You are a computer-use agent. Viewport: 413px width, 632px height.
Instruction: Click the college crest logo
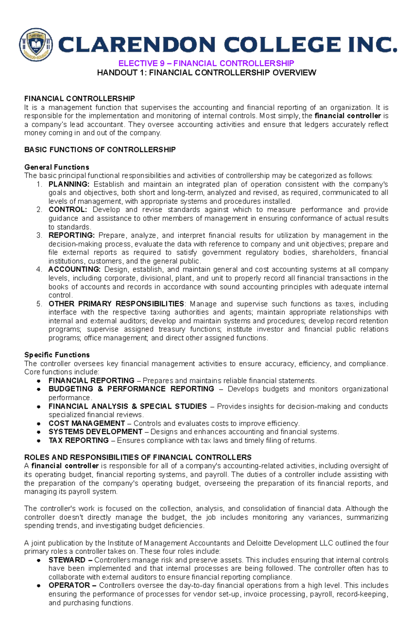click(x=36, y=45)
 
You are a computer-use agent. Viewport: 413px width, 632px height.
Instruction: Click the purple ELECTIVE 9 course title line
click(x=206, y=63)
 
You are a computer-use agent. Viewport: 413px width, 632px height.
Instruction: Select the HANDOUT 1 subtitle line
click(x=206, y=73)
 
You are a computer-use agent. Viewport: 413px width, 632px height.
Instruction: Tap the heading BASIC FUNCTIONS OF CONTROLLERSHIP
click(x=100, y=149)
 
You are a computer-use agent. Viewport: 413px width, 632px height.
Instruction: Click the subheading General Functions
click(x=57, y=167)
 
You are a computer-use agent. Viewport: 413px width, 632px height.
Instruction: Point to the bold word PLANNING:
click(x=69, y=184)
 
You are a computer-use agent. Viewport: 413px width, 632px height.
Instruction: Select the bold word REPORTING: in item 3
click(x=71, y=235)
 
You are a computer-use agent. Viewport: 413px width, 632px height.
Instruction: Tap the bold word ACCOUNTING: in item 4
click(x=74, y=269)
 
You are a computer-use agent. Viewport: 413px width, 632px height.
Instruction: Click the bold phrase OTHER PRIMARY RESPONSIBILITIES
click(x=116, y=304)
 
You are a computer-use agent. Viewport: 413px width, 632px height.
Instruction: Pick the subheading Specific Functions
click(x=57, y=355)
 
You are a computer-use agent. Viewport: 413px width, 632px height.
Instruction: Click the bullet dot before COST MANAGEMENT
click(x=39, y=423)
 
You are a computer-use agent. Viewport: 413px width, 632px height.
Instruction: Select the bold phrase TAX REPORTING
click(x=78, y=441)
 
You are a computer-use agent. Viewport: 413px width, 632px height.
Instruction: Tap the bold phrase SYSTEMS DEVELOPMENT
click(x=95, y=432)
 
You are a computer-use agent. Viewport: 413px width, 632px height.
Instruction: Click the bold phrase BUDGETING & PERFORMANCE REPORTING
click(x=131, y=389)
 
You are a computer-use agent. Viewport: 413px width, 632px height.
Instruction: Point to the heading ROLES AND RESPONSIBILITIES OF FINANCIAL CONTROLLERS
click(x=138, y=457)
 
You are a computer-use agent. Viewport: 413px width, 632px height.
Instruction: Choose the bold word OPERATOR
click(x=69, y=586)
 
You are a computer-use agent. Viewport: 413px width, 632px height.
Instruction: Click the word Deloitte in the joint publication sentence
click(x=259, y=543)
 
